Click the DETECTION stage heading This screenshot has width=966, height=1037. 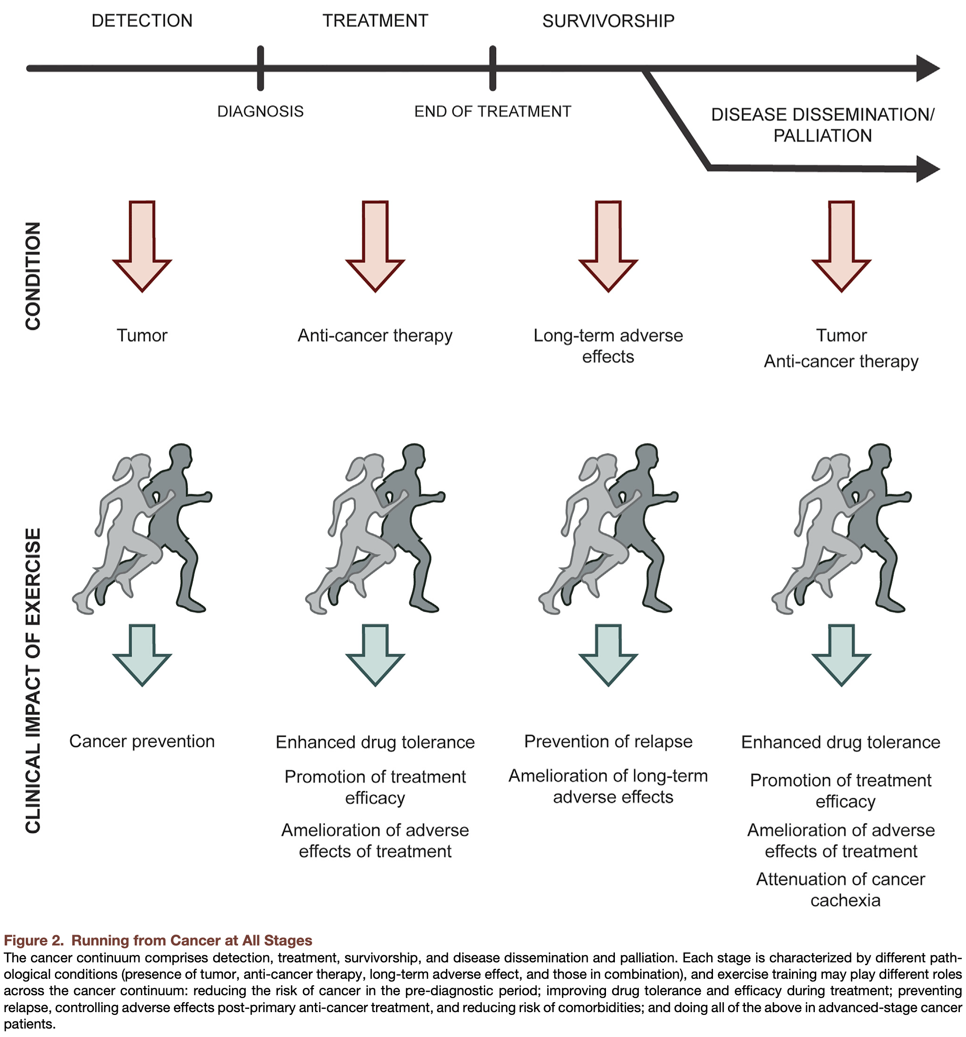(142, 21)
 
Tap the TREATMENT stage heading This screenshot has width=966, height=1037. (375, 21)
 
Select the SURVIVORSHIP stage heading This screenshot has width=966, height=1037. (608, 21)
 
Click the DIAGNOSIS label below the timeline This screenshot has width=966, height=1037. (261, 111)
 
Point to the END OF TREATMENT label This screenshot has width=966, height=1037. (493, 111)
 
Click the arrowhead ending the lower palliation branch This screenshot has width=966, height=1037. (928, 169)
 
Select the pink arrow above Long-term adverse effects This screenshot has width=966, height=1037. (608, 246)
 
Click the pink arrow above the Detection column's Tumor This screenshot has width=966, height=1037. (142, 246)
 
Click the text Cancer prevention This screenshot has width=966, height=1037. (142, 741)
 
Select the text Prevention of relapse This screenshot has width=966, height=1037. (608, 741)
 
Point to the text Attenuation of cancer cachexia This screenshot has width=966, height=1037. (841, 890)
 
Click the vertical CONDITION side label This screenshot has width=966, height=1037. (33, 276)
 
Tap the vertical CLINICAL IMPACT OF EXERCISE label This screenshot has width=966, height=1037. (33, 681)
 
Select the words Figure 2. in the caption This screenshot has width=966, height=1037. (33, 940)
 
